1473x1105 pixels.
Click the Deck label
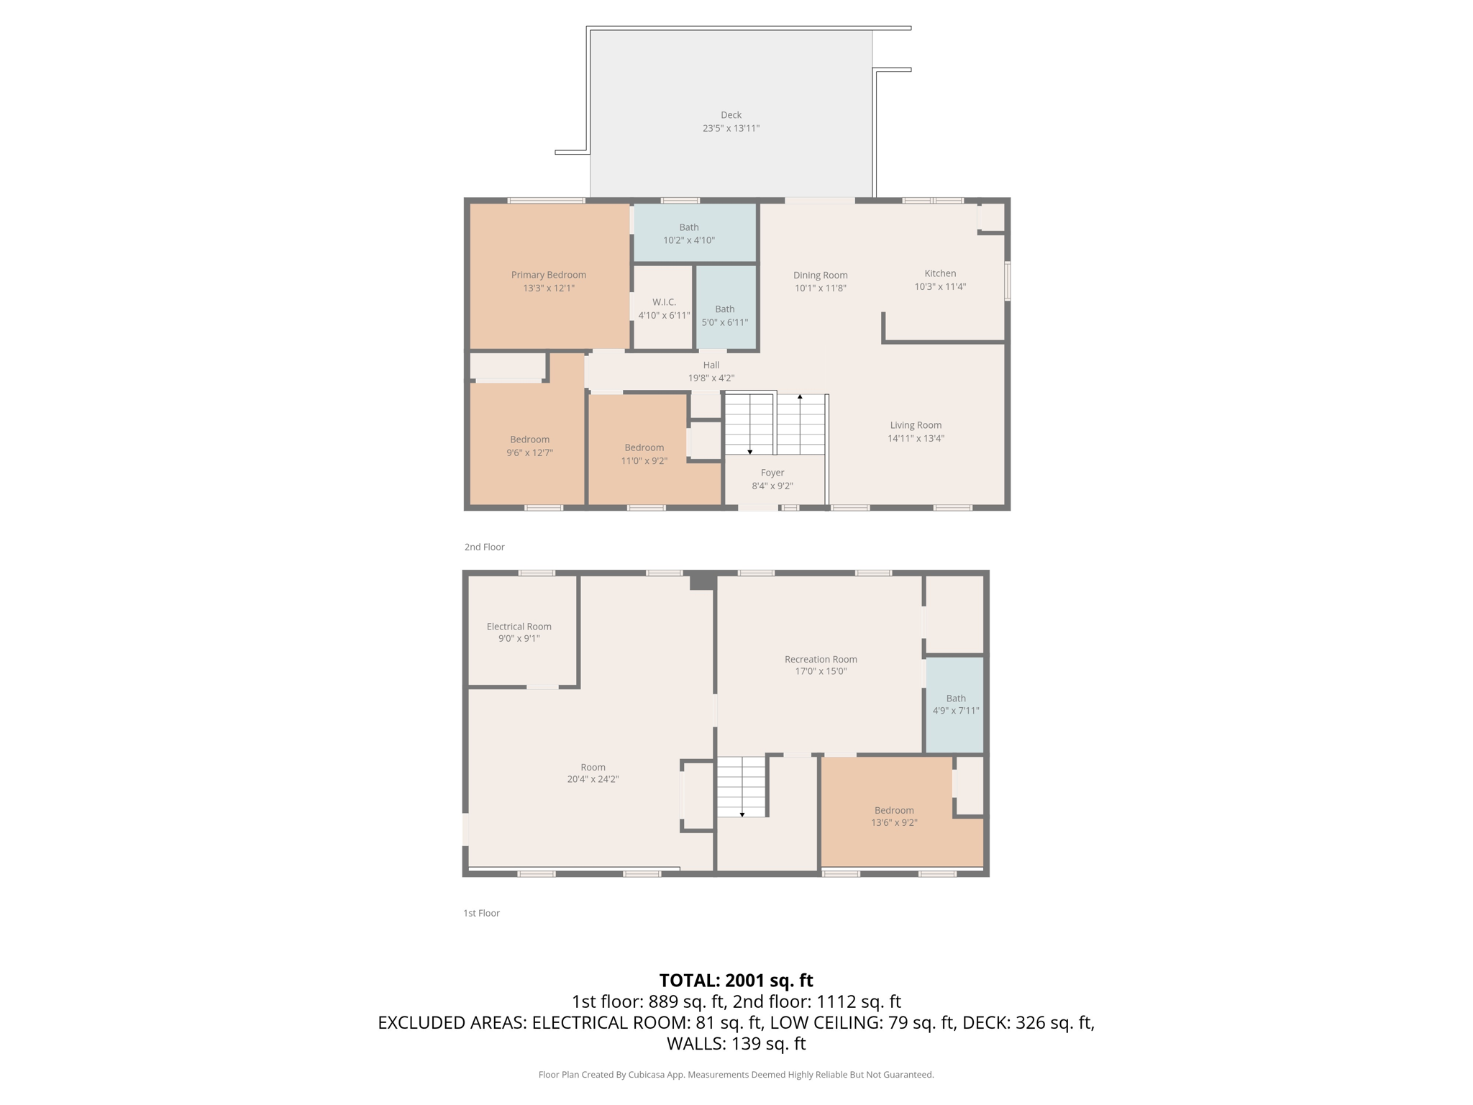click(731, 115)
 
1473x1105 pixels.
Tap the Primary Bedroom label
click(549, 275)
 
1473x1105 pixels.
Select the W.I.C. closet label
click(664, 302)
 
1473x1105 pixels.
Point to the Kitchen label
click(940, 273)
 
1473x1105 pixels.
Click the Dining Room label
click(821, 276)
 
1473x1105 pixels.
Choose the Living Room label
click(916, 425)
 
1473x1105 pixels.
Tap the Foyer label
click(772, 473)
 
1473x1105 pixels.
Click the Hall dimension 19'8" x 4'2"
click(711, 378)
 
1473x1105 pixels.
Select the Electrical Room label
click(519, 627)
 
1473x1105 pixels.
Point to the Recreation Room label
click(821, 659)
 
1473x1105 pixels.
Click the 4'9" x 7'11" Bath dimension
click(956, 711)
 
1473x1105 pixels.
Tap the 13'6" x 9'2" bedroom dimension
click(894, 822)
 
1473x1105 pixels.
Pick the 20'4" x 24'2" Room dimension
click(593, 779)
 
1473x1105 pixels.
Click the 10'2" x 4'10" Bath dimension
click(689, 240)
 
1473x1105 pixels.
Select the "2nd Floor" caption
click(484, 547)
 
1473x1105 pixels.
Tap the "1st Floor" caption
click(481, 913)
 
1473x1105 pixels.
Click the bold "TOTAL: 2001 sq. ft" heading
click(736, 981)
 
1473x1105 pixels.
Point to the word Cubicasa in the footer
click(645, 1075)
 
